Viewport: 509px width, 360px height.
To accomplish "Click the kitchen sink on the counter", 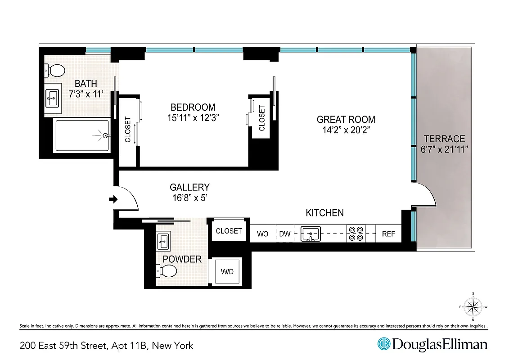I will click(x=311, y=234).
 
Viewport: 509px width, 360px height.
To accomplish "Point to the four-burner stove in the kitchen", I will click(x=356, y=234).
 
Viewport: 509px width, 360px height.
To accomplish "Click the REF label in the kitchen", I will click(x=388, y=234).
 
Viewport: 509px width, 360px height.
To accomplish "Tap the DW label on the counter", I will click(x=285, y=234).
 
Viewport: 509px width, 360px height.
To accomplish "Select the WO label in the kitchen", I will click(x=263, y=234).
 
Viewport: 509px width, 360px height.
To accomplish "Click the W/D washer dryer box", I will click(x=227, y=272).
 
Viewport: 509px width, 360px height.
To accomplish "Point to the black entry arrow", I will click(x=113, y=199).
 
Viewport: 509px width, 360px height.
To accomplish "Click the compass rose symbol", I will click(x=473, y=307).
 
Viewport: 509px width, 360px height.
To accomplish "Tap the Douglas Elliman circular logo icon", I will click(x=383, y=344).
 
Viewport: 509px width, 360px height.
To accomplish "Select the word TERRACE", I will click(x=444, y=139).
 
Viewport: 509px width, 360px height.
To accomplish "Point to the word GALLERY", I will click(x=189, y=187).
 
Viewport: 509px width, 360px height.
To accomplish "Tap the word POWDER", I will click(x=182, y=259).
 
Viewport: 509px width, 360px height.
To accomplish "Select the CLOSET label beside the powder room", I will click(x=229, y=231).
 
